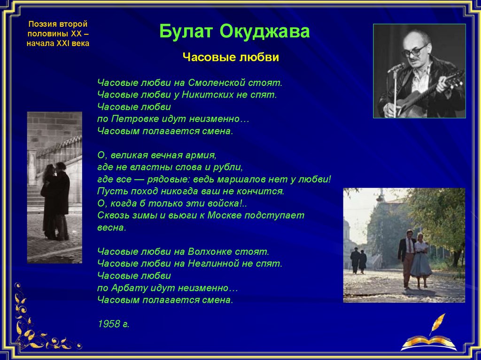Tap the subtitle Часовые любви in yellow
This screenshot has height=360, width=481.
pyautogui.click(x=231, y=57)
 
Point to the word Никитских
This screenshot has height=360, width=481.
pyautogui.click(x=207, y=94)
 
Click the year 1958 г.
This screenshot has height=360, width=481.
pyautogui.click(x=114, y=324)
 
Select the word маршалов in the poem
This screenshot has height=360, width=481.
pyautogui.click(x=244, y=179)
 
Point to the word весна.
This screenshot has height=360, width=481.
pyautogui.click(x=112, y=228)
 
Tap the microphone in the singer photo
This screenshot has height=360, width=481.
pyautogui.click(x=396, y=67)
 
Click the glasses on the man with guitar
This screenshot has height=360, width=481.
pyautogui.click(x=414, y=51)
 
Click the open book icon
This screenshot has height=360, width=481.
pyautogui.click(x=429, y=343)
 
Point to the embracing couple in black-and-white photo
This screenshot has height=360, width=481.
pyautogui.click(x=55, y=201)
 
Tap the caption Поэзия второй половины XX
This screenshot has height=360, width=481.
pyautogui.click(x=58, y=29)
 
